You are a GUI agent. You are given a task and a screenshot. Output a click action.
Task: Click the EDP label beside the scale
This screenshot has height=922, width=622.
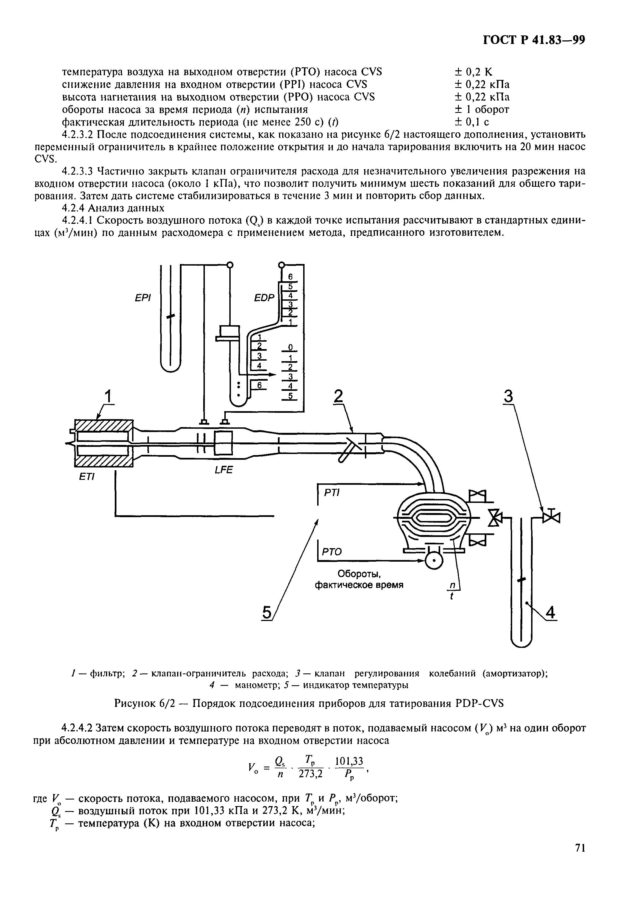pyautogui.click(x=264, y=297)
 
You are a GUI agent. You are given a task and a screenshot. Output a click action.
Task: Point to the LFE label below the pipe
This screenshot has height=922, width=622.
pyautogui.click(x=224, y=470)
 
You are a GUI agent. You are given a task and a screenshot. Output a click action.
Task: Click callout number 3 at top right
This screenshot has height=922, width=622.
pyautogui.click(x=508, y=396)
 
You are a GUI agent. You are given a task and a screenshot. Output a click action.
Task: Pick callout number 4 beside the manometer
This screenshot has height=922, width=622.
pyautogui.click(x=551, y=613)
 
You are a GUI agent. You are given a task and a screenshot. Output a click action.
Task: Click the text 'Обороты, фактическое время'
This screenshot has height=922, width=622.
pyautogui.click(x=359, y=580)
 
